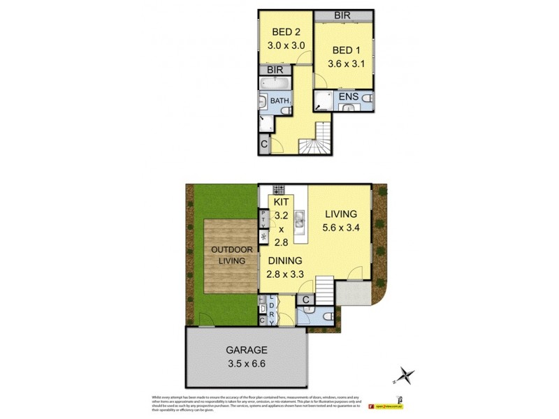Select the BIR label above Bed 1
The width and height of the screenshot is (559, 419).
tap(342, 15)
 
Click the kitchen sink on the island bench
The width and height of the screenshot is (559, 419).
tap(299, 222)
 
